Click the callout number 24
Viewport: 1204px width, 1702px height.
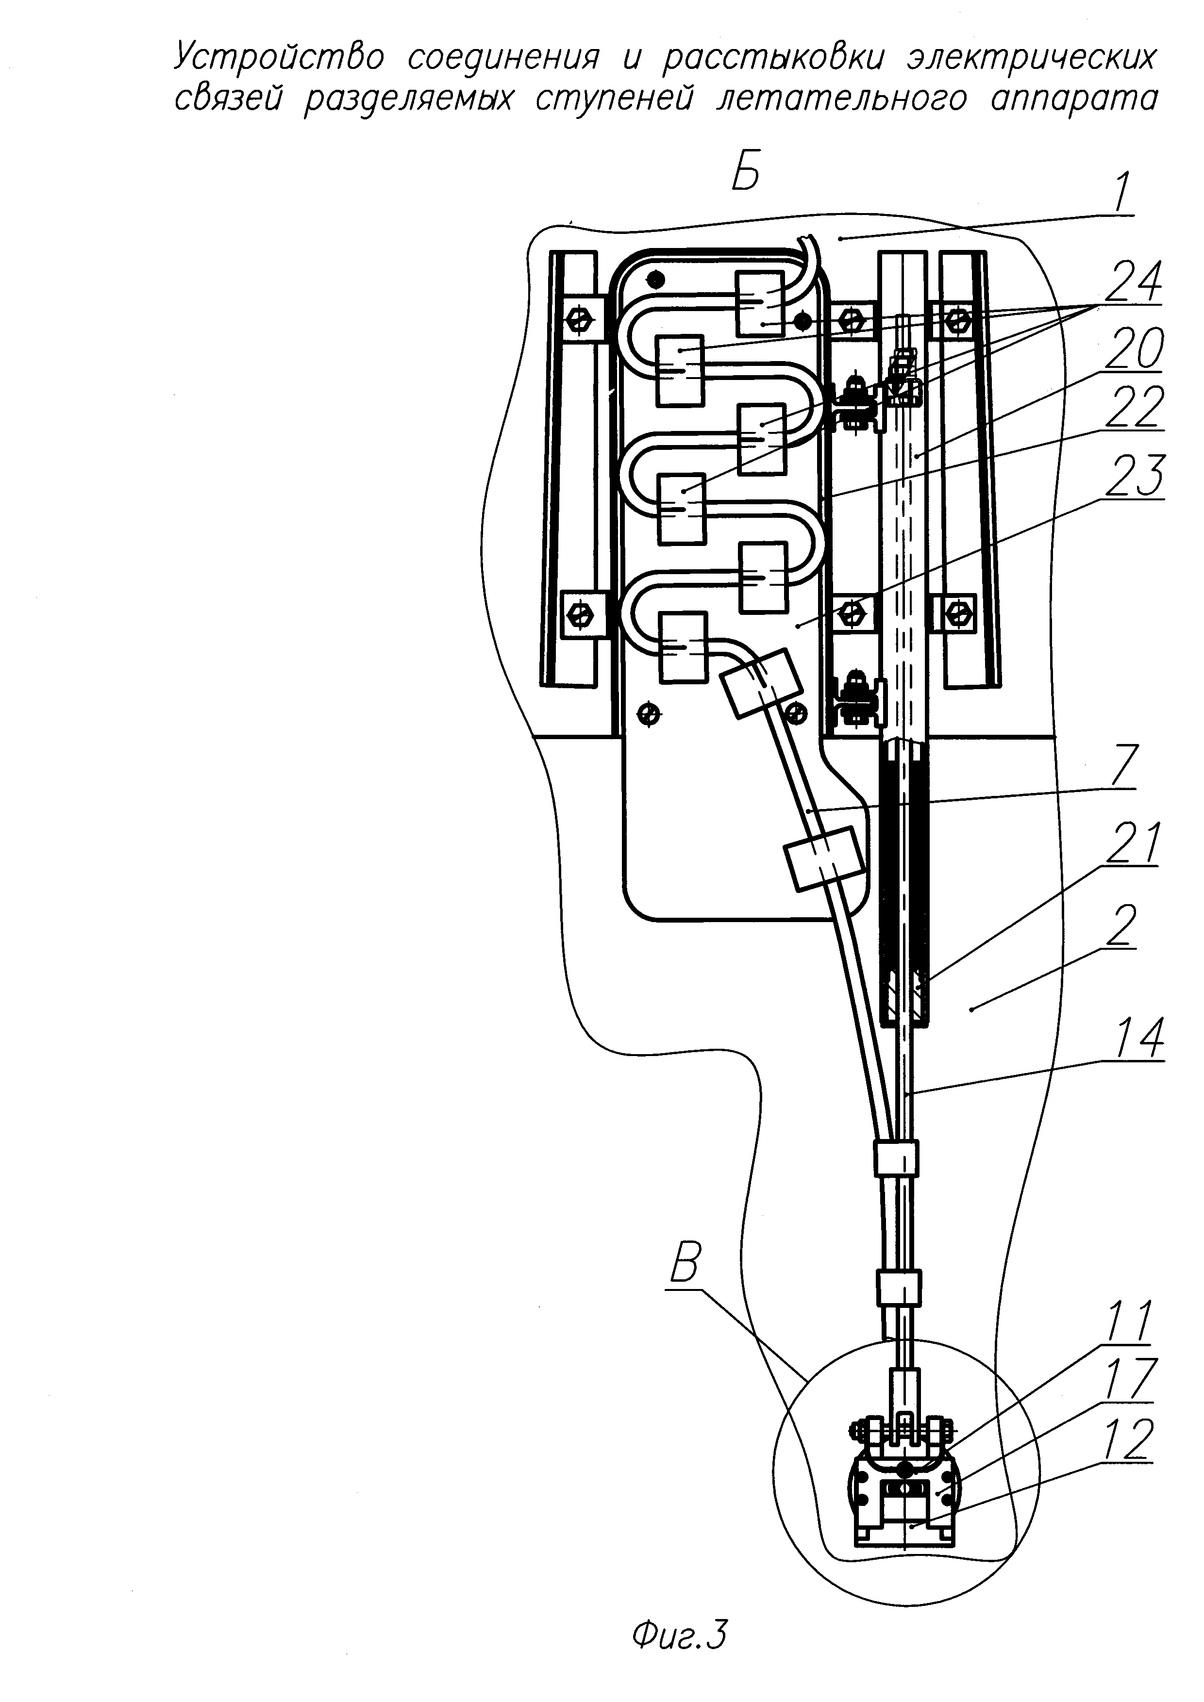(x=1132, y=280)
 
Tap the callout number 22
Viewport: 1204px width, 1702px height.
(x=1134, y=407)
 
